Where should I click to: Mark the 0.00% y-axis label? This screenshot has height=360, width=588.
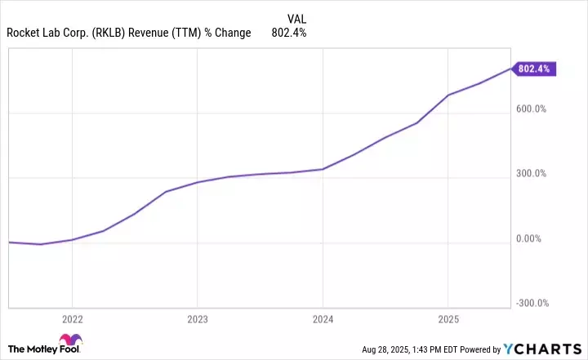532,239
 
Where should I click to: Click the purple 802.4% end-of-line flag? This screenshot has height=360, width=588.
534,69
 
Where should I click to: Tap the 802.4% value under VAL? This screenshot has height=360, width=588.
288,33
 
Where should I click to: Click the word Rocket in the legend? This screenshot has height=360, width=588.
22,33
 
